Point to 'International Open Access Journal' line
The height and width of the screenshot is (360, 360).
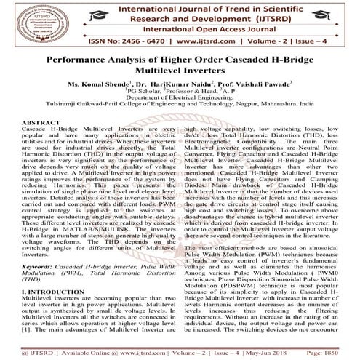(x=180, y=31)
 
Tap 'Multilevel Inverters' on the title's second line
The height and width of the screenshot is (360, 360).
(x=180, y=75)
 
